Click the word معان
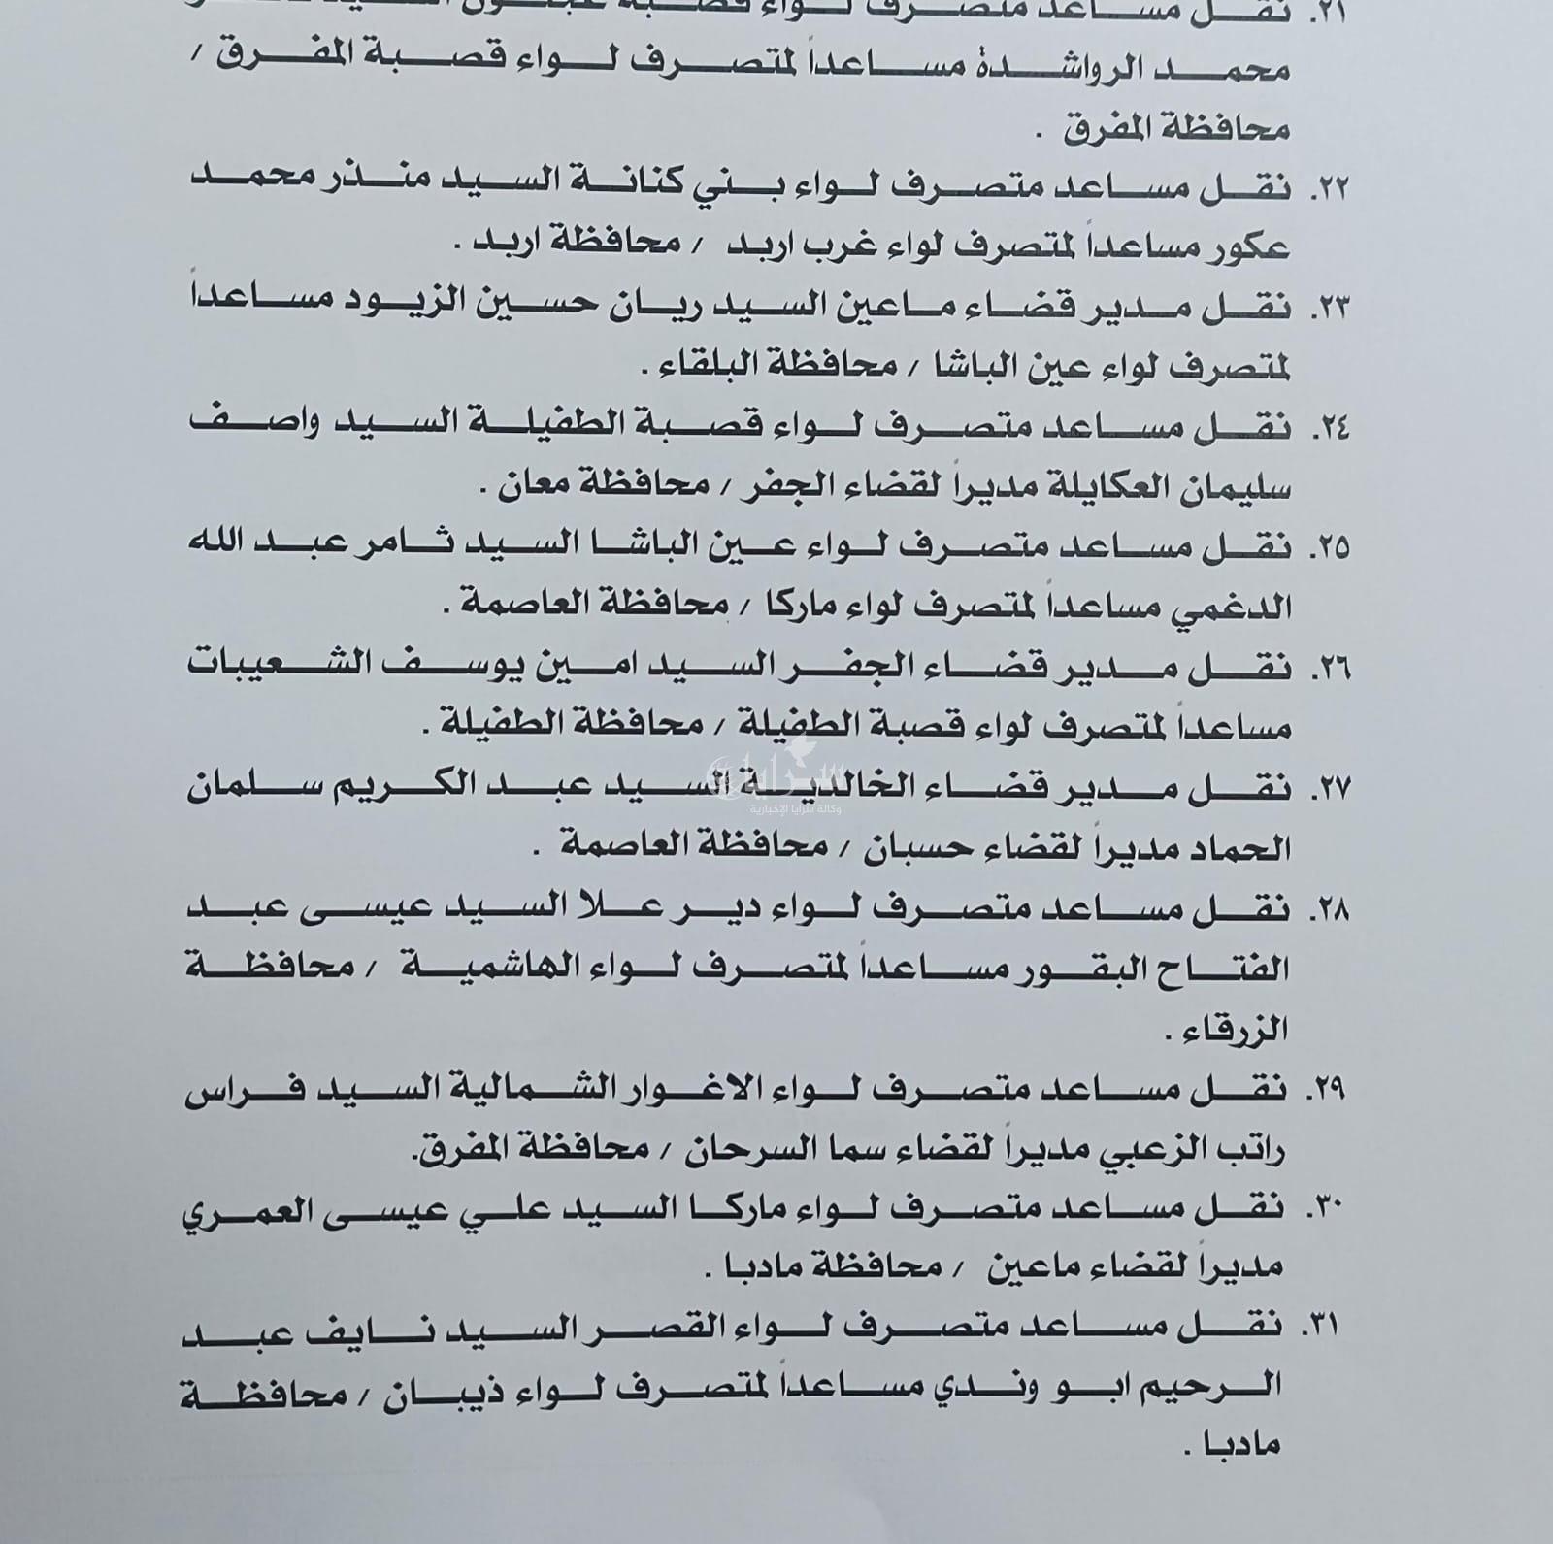(x=529, y=487)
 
